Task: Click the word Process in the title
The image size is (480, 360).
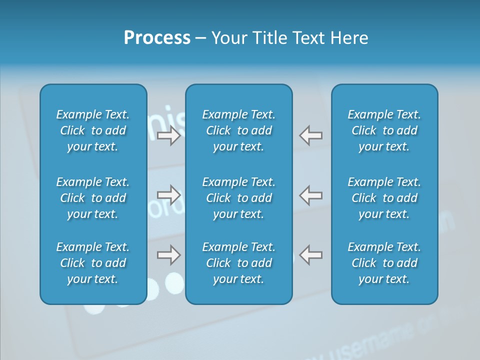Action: point(157,38)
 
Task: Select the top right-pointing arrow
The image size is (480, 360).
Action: point(169,135)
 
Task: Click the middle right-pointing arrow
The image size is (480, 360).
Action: point(169,195)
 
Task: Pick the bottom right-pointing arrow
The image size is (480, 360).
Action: point(169,255)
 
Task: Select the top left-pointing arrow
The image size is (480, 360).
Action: point(311,135)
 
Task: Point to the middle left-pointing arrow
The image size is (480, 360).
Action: point(311,195)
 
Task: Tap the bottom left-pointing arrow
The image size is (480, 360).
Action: point(311,255)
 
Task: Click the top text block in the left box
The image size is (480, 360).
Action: point(93,130)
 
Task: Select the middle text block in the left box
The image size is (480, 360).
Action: point(93,198)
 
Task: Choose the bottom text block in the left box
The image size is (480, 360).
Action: point(93,263)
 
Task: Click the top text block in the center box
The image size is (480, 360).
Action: point(239,130)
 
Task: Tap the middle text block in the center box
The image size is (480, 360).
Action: point(239,198)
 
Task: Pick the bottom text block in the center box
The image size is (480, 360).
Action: point(239,263)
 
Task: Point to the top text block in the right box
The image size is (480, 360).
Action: point(384,130)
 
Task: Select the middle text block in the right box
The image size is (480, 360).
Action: point(384,198)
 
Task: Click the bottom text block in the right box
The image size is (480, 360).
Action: point(384,263)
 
